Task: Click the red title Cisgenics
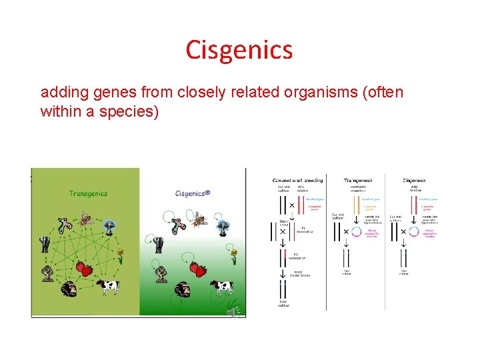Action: pos(239,50)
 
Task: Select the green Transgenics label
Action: pos(88,193)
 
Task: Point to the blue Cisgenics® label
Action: pos(193,193)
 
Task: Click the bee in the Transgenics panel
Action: pos(86,219)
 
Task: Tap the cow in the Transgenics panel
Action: pos(107,286)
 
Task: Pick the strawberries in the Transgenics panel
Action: pos(84,269)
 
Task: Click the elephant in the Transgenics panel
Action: pos(45,243)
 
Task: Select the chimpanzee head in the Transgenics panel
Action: pos(69,289)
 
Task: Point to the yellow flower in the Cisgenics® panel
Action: pos(233,254)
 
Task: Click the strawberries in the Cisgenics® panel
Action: pos(197,269)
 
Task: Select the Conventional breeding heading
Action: pos(297,180)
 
